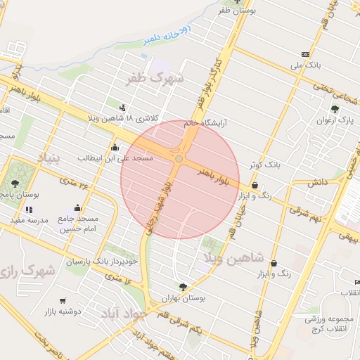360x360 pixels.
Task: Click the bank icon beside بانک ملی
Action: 304,54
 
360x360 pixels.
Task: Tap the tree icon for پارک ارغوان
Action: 335,109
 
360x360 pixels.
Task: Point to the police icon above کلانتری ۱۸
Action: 123,108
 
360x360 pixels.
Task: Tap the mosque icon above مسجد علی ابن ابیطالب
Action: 115,148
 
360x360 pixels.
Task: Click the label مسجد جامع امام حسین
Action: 78,224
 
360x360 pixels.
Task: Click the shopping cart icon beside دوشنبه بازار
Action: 63,300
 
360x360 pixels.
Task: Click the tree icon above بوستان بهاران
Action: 183,287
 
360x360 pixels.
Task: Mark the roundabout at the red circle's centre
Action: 179,160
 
